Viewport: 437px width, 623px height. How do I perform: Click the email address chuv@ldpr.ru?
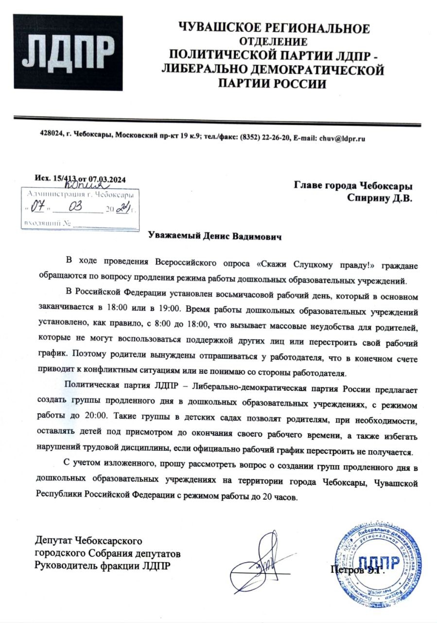(x=341, y=138)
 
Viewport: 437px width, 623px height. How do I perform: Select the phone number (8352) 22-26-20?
(x=266, y=138)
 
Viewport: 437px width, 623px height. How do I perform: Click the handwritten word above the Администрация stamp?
(x=85, y=185)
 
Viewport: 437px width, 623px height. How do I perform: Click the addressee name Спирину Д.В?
(x=380, y=197)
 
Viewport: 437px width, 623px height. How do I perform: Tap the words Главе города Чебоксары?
(x=353, y=185)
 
